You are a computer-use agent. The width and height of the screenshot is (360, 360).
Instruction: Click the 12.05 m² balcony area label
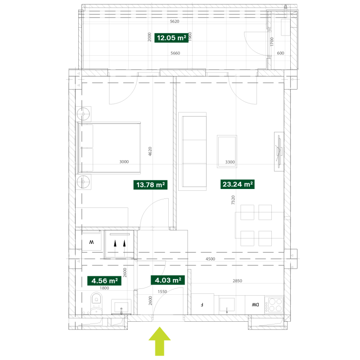tap(171, 38)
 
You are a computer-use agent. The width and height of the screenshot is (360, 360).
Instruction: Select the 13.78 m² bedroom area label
tap(150, 185)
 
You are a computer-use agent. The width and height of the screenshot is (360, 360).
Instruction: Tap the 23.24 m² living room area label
tap(238, 184)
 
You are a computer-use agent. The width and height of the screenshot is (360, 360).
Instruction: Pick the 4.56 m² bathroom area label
tap(104, 281)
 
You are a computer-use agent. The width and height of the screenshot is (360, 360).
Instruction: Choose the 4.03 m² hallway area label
tap(168, 280)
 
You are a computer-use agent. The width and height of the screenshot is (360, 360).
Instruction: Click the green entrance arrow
tap(160, 342)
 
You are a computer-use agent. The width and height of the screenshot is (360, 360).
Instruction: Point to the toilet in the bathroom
tap(96, 303)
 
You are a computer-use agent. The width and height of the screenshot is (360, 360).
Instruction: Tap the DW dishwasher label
tap(255, 305)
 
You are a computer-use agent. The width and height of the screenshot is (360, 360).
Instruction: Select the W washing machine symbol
tap(91, 242)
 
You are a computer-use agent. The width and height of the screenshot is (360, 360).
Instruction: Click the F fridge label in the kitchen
tap(202, 305)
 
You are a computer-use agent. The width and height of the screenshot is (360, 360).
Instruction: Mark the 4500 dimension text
tap(210, 259)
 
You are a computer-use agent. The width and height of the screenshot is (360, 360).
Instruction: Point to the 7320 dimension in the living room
tap(233, 200)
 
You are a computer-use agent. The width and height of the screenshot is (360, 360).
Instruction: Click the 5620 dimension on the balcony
tap(175, 21)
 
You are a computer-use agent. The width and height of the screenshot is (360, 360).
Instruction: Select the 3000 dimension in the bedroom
tap(124, 162)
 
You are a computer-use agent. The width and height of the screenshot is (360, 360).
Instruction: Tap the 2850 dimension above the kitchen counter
tap(238, 281)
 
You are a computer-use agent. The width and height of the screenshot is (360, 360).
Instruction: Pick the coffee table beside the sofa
tap(227, 152)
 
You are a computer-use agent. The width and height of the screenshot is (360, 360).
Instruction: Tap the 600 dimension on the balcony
tap(280, 53)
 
